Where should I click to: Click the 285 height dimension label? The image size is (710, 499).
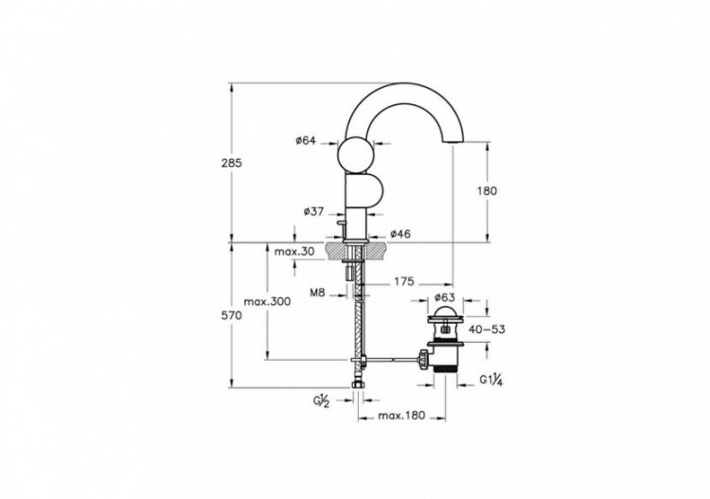233,163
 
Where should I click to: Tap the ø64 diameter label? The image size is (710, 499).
305,141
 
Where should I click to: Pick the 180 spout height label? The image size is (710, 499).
487,190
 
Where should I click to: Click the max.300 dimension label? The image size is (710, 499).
267,301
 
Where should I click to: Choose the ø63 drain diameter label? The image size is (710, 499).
445,296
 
